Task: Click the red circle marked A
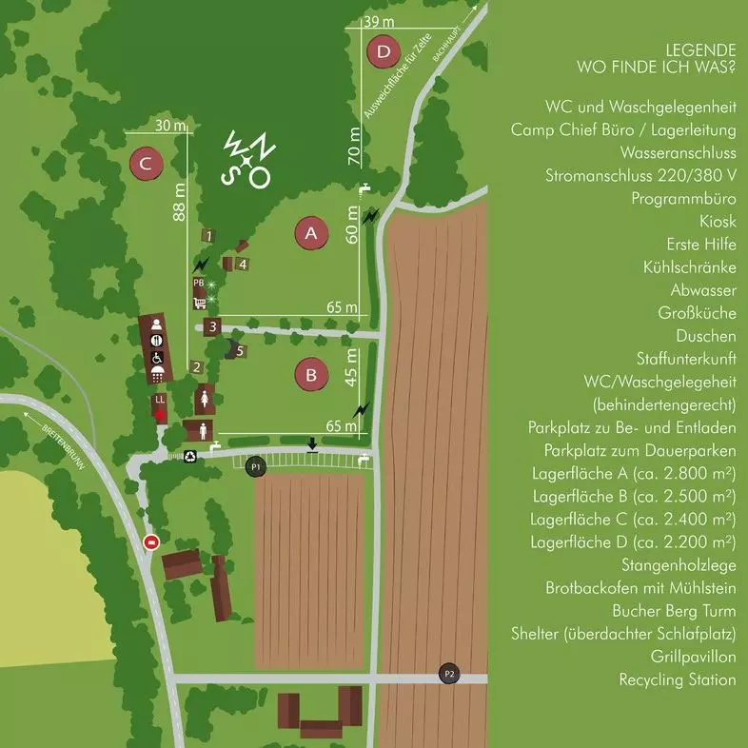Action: coord(310,232)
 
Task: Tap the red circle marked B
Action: coord(310,374)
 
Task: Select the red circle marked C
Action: coord(145,165)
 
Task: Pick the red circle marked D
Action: coord(383,51)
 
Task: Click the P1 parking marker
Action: coord(255,467)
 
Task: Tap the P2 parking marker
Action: coord(450,674)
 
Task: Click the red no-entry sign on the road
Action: coord(150,542)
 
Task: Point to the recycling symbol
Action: coord(189,456)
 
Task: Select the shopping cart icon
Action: coord(200,304)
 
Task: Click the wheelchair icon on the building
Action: coord(157,357)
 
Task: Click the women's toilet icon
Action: coord(204,399)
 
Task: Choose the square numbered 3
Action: coord(214,327)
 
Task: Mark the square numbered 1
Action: coord(207,235)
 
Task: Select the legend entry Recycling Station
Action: coord(677,679)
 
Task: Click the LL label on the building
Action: coord(159,400)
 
